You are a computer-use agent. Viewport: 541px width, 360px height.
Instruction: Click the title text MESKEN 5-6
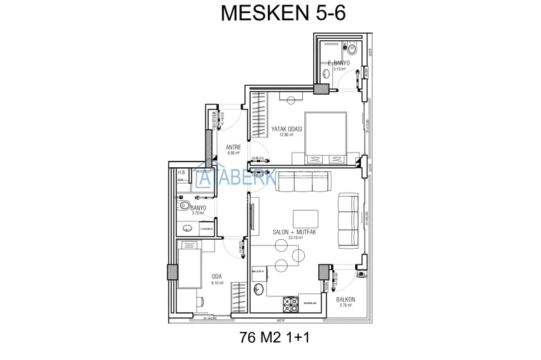coord(283,13)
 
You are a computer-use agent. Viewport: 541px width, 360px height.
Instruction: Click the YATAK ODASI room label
coord(286,128)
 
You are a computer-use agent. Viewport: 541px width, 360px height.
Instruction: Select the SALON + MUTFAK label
coord(295,232)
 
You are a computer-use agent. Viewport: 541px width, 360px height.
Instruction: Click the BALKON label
coord(346,299)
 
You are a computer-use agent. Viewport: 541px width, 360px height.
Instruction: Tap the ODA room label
coord(216,276)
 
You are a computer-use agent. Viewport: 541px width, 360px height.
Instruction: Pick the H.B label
coord(181,172)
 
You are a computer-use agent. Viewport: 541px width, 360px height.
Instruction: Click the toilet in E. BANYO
coord(351,48)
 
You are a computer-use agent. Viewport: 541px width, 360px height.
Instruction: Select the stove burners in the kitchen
coord(291,304)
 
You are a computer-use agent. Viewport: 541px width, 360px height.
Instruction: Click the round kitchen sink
coord(258,290)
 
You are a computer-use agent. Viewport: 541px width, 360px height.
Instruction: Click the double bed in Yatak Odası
coord(326,134)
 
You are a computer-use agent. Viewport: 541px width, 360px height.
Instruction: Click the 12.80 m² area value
coord(286,135)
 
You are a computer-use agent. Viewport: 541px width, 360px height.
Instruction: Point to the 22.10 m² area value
coord(295,239)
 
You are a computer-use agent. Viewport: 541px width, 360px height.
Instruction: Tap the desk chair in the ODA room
coord(189,245)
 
